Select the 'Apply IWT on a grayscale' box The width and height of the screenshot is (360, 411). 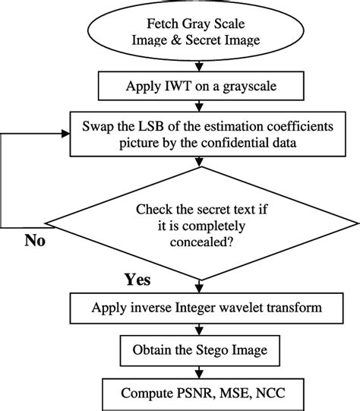[200, 86]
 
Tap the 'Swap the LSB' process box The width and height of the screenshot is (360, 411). [200, 133]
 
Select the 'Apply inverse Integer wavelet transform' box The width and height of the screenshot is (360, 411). [200, 308]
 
